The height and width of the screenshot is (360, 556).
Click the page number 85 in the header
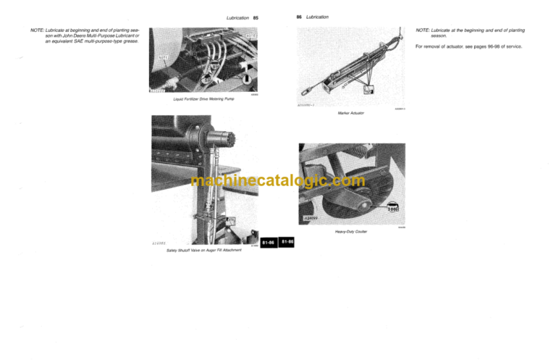[x=256, y=17]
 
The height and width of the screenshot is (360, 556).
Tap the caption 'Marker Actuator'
[x=350, y=114]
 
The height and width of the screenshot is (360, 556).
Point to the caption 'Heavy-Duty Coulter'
[x=350, y=232]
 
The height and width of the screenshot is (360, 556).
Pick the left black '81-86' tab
[x=267, y=243]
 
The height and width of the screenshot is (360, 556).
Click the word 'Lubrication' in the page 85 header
[x=238, y=17]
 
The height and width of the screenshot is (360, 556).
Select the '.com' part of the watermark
[x=348, y=182]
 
